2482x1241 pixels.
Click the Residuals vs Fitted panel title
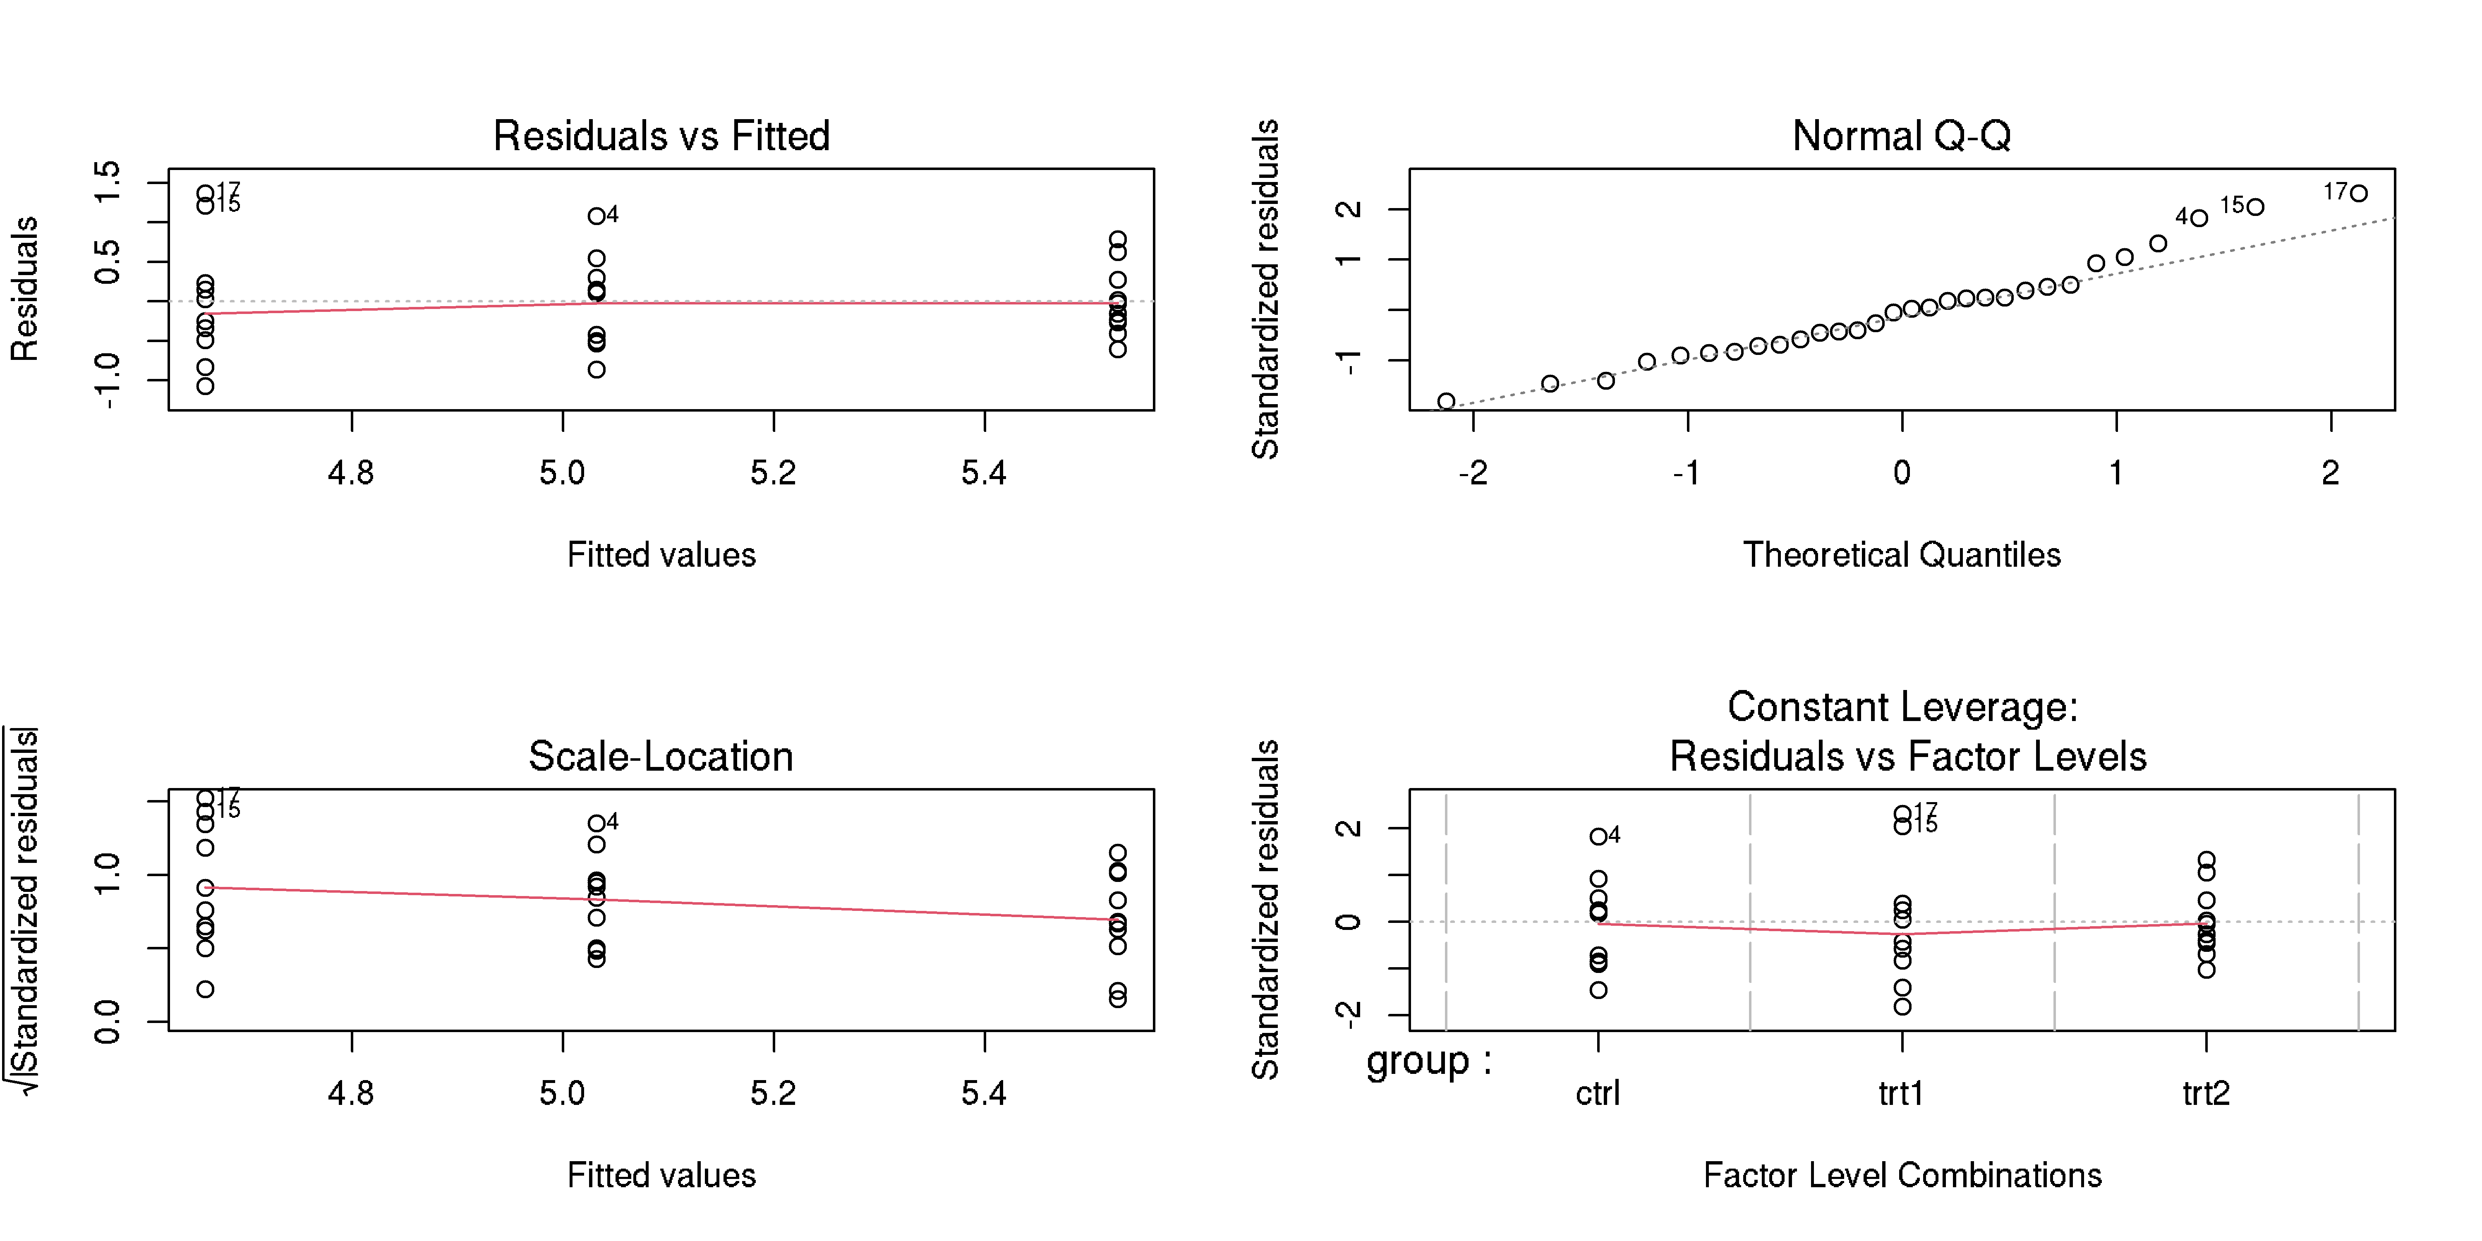tap(661, 136)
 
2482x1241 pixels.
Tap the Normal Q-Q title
tap(1901, 136)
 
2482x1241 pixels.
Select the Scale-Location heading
tap(661, 756)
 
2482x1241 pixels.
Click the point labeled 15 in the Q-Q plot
tap(2256, 207)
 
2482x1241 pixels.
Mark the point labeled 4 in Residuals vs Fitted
tap(597, 216)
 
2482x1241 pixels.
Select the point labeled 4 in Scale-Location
tap(597, 823)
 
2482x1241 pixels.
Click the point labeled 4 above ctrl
tap(1598, 836)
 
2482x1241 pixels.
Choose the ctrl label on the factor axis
tap(1598, 1094)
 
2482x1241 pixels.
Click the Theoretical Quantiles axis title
tap(1901, 555)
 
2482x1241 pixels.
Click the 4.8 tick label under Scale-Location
tap(351, 1094)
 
